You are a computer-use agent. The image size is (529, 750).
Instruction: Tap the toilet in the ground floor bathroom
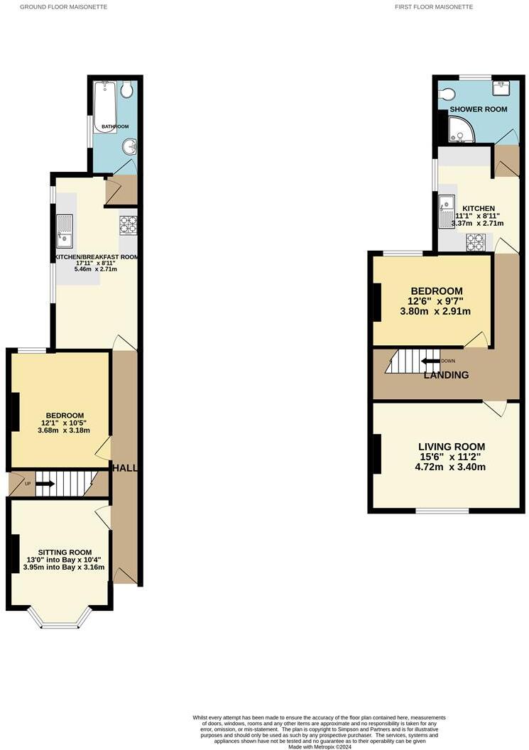coord(127,90)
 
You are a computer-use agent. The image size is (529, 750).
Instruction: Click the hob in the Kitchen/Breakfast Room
coord(128,225)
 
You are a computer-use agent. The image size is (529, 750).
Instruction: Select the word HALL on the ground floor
coord(126,468)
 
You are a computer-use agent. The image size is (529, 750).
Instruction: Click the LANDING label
coord(446,375)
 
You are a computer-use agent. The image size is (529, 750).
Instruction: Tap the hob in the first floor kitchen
coord(475,241)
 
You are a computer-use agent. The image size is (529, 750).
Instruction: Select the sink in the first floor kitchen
coord(447,212)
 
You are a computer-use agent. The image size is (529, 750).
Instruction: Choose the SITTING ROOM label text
coord(65,552)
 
